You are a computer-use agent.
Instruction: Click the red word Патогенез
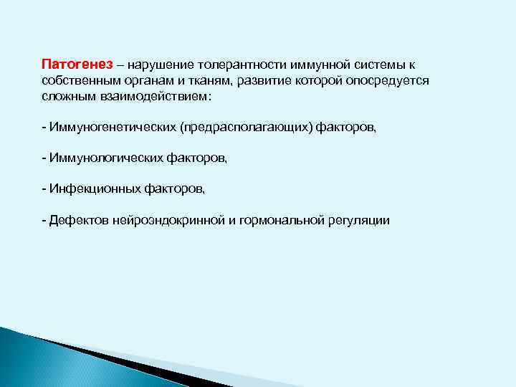click(x=73, y=64)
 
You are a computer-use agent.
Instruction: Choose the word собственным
click(x=77, y=80)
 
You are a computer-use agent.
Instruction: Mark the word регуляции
click(x=360, y=220)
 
